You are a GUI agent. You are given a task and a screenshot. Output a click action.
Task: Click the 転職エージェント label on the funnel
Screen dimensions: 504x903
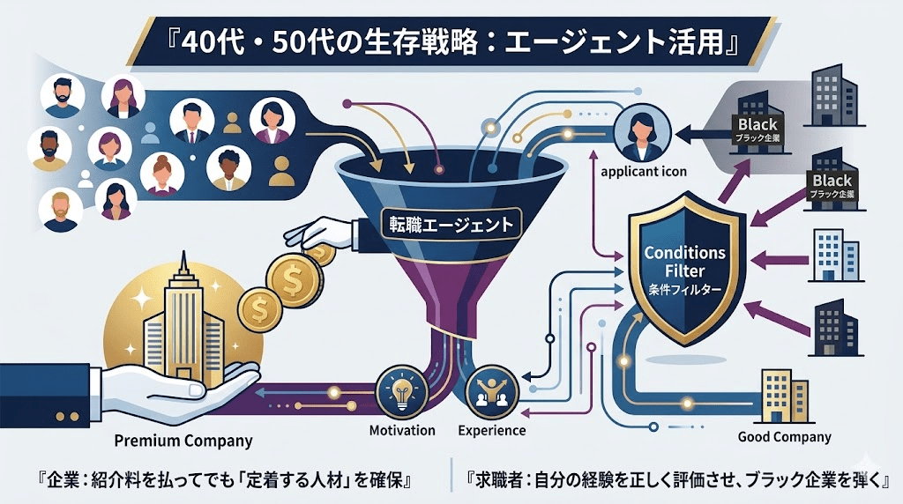click(x=451, y=224)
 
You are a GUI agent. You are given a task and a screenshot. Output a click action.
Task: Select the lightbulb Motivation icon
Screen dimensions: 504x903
click(x=396, y=391)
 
